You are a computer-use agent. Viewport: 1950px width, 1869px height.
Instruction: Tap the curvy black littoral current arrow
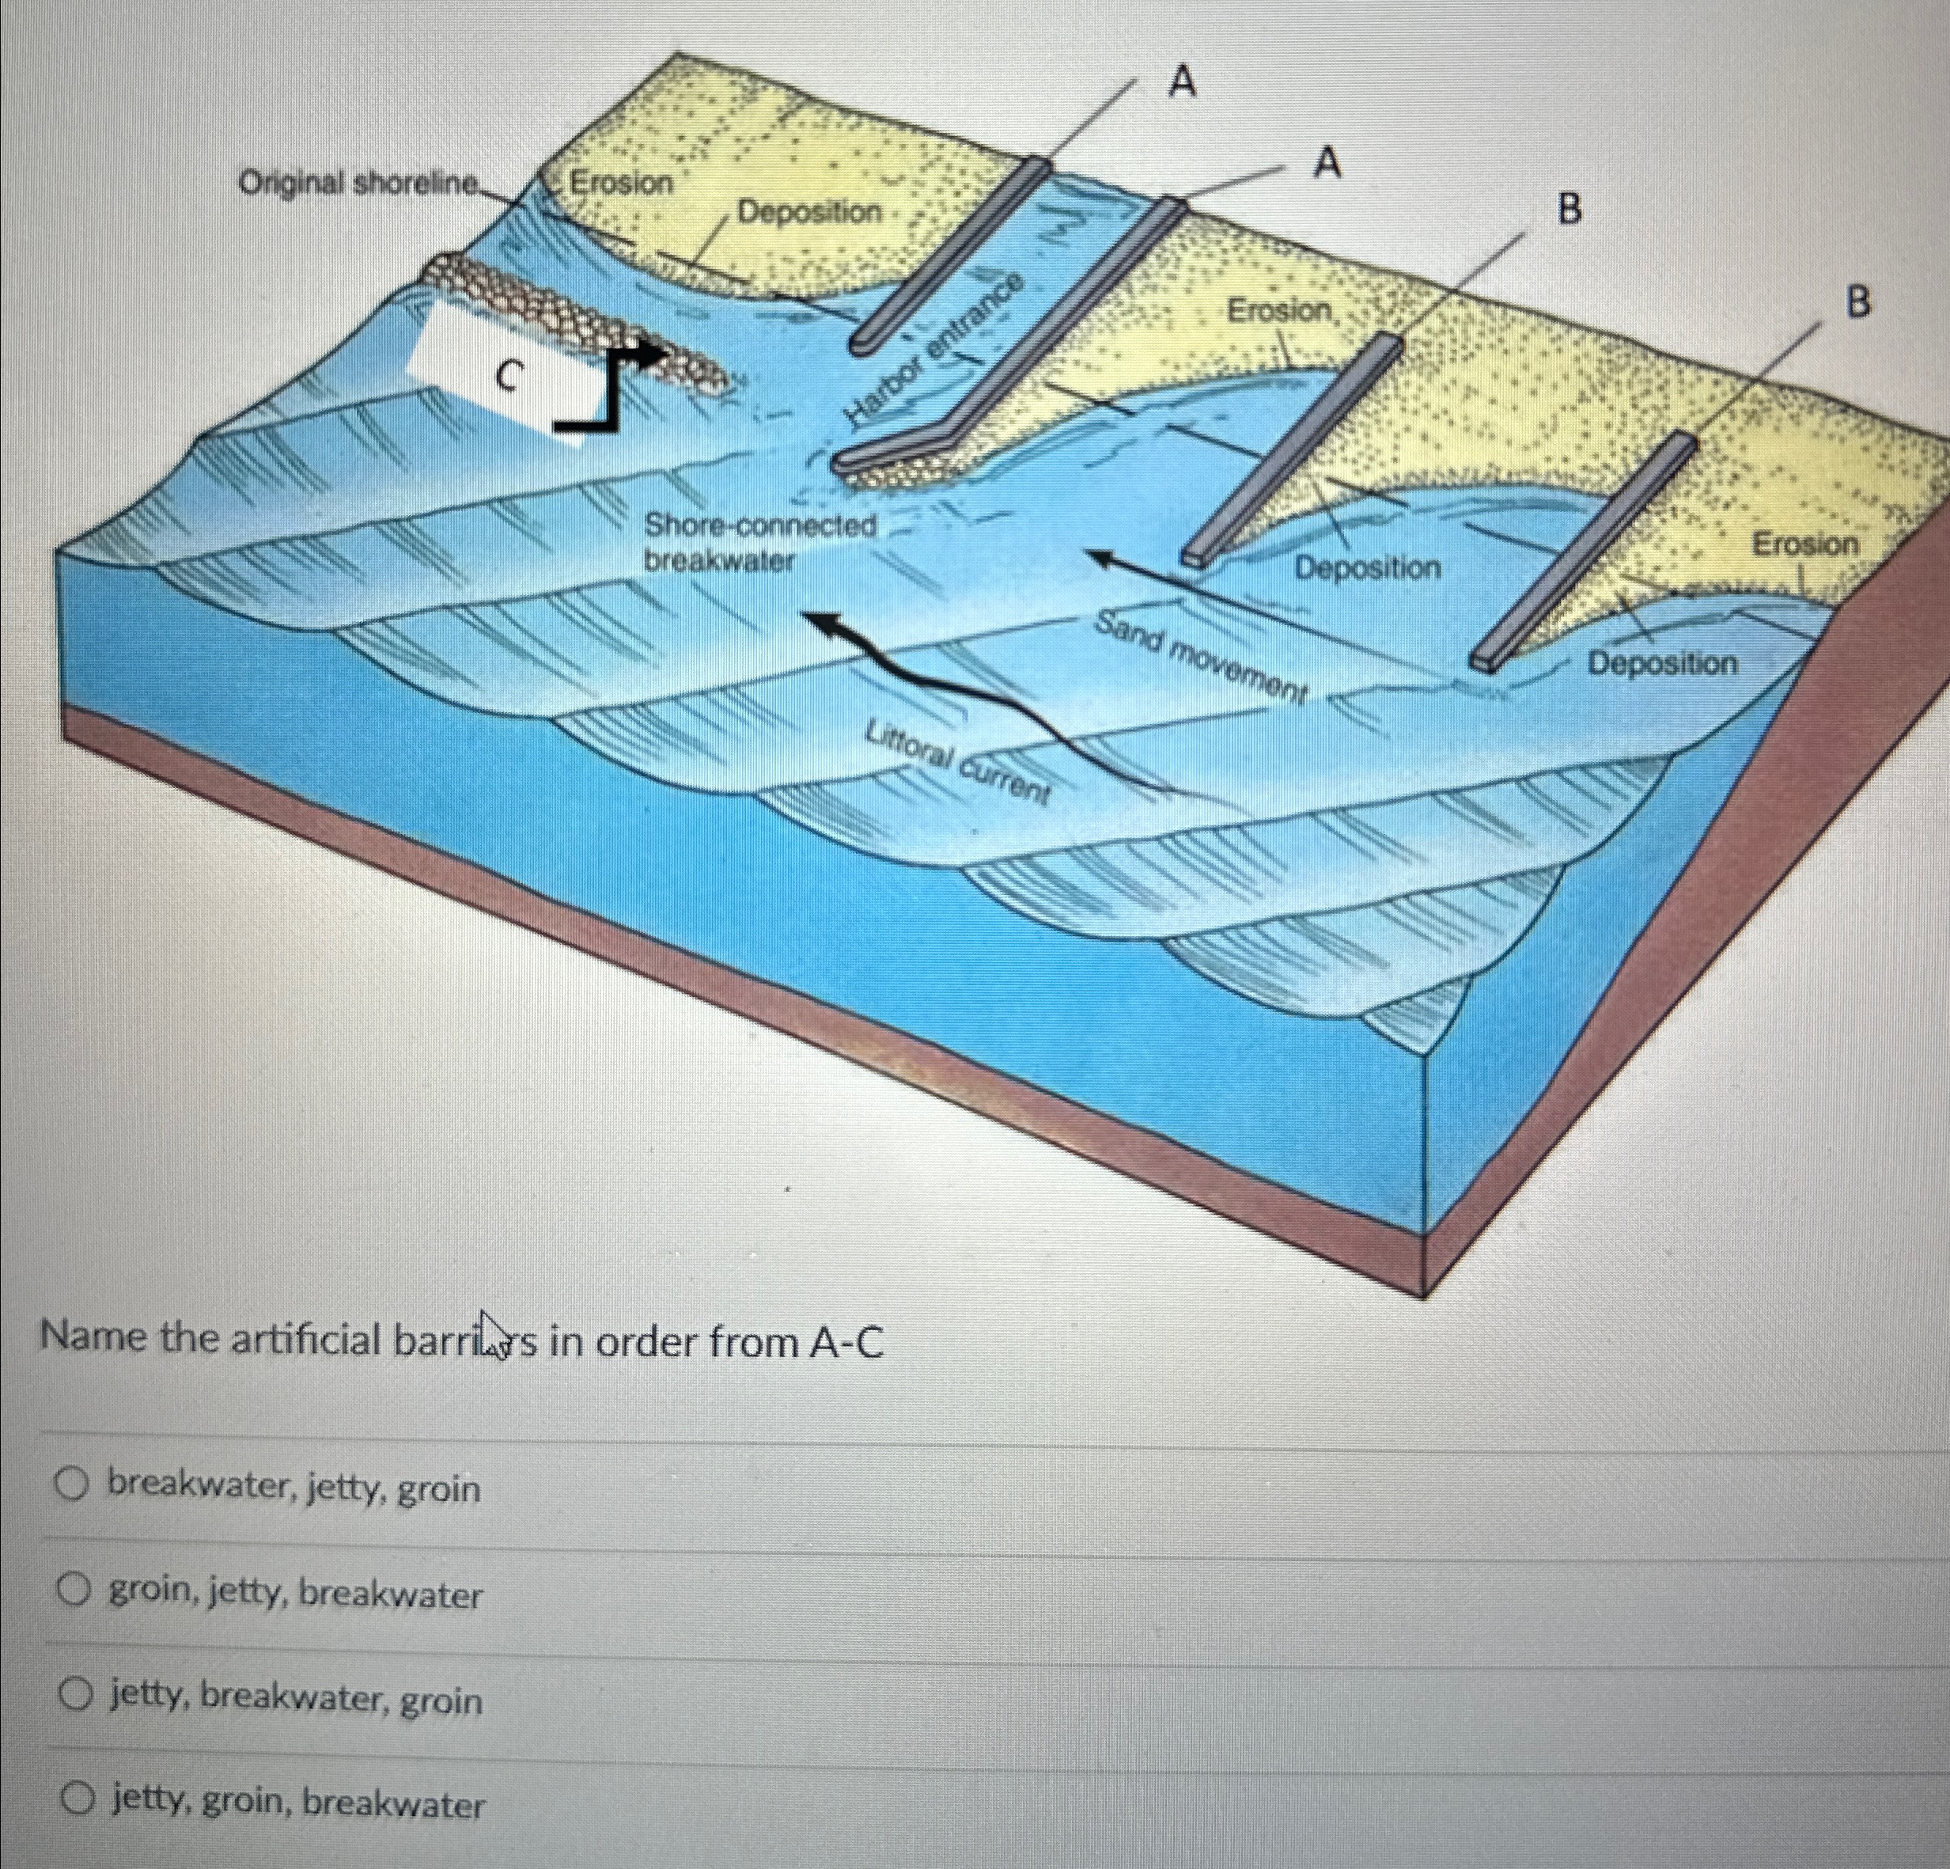(x=985, y=702)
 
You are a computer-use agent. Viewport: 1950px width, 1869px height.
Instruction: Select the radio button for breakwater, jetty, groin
(x=70, y=1487)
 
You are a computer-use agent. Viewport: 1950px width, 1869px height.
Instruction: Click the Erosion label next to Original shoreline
(x=622, y=182)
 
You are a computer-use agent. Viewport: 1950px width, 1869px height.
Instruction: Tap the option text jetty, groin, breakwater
(x=297, y=1803)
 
